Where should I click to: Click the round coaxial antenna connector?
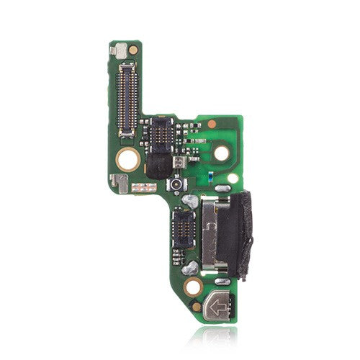175,186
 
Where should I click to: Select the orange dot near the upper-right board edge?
212,124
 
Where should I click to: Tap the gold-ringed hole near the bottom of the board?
192,288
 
